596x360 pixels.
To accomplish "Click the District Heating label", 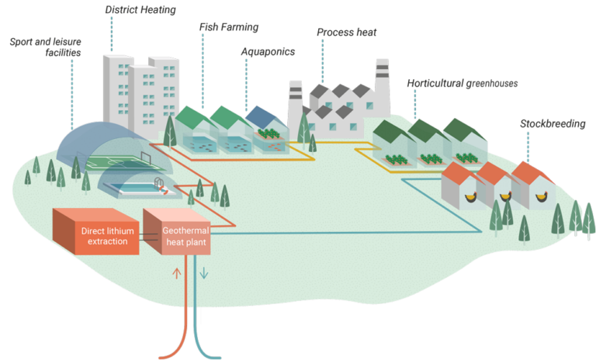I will click(140, 10).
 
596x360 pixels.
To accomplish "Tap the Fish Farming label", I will click(228, 27).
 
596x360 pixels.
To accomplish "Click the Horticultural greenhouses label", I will click(462, 83).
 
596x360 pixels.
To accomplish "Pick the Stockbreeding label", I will click(553, 123).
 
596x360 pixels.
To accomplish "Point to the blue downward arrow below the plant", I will click(205, 273).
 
